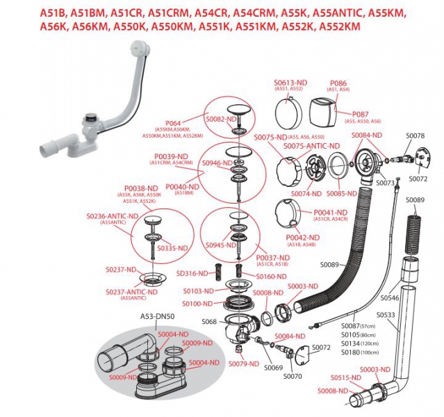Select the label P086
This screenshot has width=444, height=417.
click(338, 82)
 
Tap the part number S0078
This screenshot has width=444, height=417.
click(415, 136)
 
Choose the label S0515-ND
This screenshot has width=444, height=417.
click(347, 377)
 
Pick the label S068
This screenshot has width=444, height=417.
click(209, 322)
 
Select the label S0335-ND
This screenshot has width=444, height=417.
click(172, 248)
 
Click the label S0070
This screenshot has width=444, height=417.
click(293, 376)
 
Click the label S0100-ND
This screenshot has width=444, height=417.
click(198, 304)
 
